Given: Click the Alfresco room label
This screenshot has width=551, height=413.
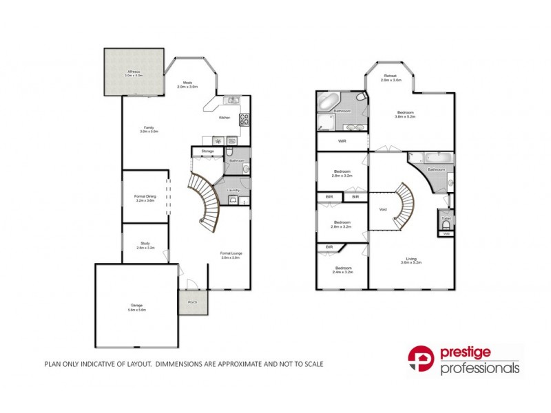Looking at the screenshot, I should (x=134, y=71).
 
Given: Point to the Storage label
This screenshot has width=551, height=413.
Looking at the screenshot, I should (x=207, y=151).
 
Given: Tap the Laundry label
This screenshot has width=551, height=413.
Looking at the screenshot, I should (x=233, y=190).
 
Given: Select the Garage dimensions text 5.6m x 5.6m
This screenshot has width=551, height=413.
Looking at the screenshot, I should (x=136, y=310).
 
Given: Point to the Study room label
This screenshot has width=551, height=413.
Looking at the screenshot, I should (x=145, y=243).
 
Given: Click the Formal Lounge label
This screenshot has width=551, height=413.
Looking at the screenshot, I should (x=231, y=253).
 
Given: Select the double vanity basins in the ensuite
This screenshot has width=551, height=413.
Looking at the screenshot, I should (x=352, y=127).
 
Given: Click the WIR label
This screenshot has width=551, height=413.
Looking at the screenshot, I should (x=342, y=141).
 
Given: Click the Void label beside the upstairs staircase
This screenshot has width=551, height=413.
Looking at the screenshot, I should (x=382, y=209).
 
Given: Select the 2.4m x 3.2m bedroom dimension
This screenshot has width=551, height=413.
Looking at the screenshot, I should (x=343, y=273).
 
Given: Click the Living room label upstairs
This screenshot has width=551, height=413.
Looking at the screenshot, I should (x=411, y=259).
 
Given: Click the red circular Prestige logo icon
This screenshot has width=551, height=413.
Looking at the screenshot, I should (x=422, y=361).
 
